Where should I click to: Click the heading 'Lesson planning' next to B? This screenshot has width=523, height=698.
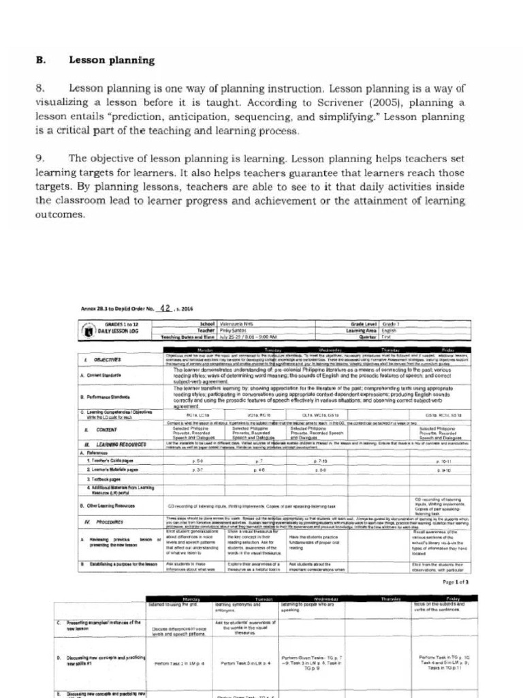click(112, 60)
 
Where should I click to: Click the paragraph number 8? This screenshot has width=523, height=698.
click(40, 89)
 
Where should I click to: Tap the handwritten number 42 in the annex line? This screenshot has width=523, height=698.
click(161, 307)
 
